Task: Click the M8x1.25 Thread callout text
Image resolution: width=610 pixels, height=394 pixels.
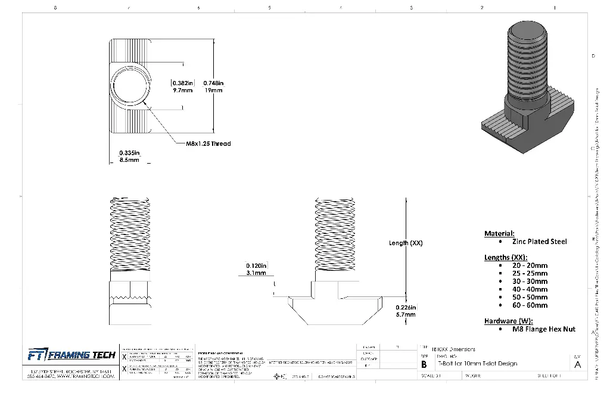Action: [x=208, y=143]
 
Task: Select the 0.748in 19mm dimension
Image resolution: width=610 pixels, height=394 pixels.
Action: [x=213, y=87]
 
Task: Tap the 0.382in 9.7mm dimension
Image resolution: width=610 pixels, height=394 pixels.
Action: [x=182, y=87]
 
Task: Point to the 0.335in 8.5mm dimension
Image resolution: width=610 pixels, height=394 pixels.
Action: [x=129, y=156]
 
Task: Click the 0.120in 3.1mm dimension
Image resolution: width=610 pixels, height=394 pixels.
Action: [x=256, y=269]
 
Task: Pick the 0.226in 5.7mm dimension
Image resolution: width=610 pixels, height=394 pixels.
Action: [x=406, y=311]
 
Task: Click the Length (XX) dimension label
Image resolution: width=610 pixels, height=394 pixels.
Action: [x=406, y=243]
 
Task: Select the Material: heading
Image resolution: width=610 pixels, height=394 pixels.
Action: [x=499, y=233]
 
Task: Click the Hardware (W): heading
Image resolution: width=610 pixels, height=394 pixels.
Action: [x=508, y=321]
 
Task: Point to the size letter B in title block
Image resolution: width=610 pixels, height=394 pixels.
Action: [x=424, y=364]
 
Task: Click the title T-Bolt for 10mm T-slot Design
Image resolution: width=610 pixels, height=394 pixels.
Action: [x=478, y=364]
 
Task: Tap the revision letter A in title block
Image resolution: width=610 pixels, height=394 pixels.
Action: [x=577, y=364]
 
